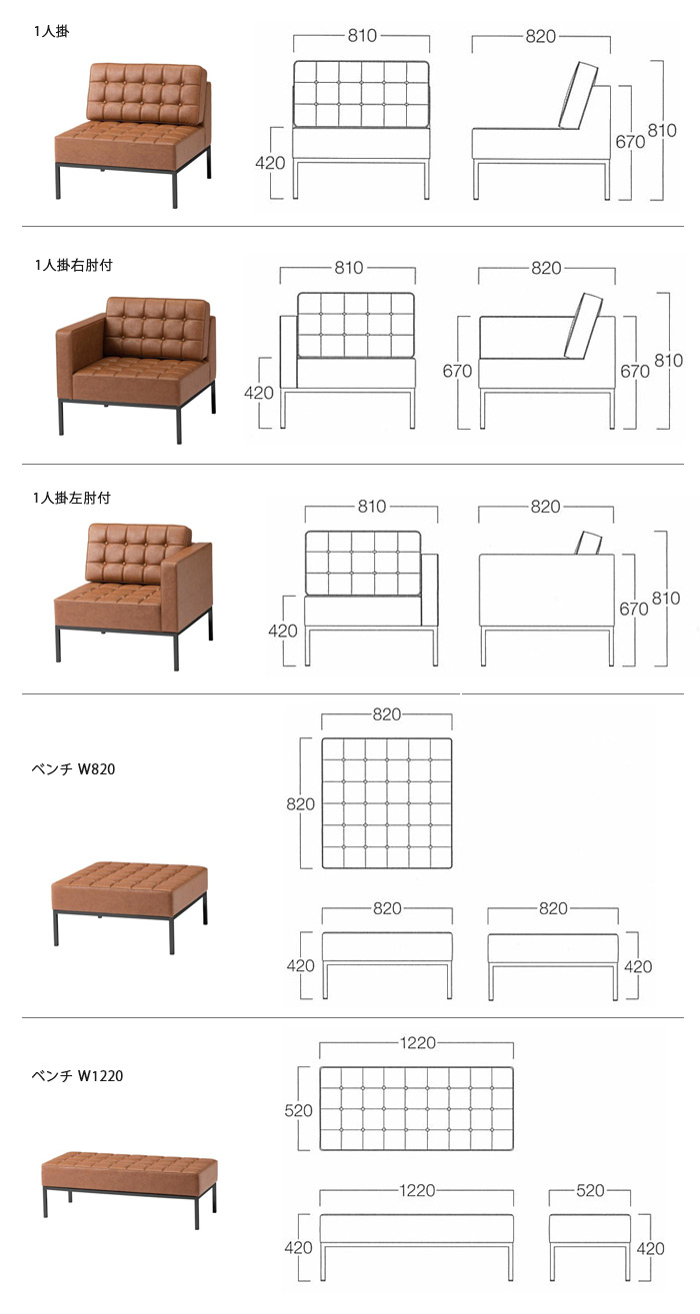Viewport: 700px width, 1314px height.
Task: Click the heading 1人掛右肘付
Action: (73, 265)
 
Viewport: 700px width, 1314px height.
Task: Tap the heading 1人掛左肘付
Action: (72, 498)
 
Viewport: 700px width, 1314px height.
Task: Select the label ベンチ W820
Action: (73, 768)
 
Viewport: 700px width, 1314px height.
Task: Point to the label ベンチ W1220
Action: (78, 1075)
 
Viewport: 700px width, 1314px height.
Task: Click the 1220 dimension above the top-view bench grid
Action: (418, 1042)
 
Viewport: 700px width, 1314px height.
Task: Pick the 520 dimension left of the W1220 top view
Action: (298, 1110)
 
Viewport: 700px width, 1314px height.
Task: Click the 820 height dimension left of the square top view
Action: (300, 803)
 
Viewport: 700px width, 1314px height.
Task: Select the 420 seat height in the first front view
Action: (270, 163)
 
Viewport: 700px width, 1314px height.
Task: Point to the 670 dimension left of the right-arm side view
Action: (457, 371)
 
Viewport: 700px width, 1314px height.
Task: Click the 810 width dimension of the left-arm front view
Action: (372, 507)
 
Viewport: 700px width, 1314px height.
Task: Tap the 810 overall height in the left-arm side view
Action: (666, 598)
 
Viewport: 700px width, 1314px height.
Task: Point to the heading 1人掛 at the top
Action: (51, 31)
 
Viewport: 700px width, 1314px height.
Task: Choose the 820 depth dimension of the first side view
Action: (540, 36)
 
